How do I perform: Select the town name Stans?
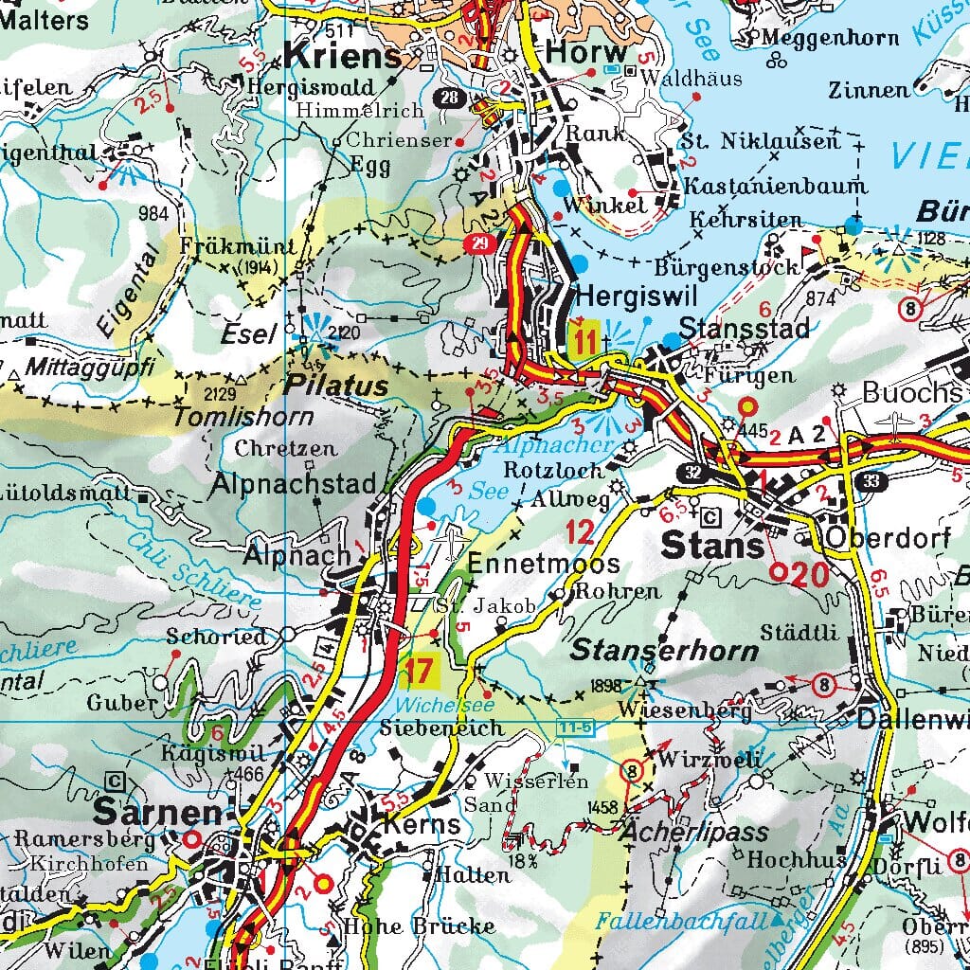point(712,547)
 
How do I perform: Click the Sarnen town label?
point(158,813)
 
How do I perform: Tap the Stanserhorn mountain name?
point(664,651)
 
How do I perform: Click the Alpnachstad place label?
point(294,483)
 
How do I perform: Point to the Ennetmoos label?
point(544,564)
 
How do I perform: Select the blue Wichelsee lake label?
point(432,705)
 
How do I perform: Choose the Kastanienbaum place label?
point(763,185)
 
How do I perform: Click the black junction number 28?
point(451,96)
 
